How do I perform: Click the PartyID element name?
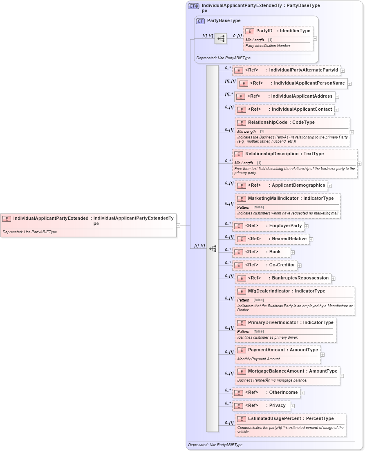(264, 31)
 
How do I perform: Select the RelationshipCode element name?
(268, 122)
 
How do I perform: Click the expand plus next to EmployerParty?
(307, 226)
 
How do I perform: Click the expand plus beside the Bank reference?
(293, 252)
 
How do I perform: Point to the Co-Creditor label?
(282, 265)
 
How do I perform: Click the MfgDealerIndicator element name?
(269, 291)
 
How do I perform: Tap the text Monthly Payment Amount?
(259, 359)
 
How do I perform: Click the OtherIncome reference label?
(283, 392)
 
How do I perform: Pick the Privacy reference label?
(278, 405)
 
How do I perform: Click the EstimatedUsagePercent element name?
(274, 418)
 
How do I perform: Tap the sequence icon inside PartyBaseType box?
(221, 39)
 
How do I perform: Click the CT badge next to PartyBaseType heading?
(200, 21)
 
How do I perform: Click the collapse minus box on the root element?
(178, 225)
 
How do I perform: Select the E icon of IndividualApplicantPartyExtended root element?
(7, 219)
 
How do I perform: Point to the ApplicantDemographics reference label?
(298, 185)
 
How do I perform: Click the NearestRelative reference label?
(289, 239)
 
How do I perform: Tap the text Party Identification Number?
(268, 46)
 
